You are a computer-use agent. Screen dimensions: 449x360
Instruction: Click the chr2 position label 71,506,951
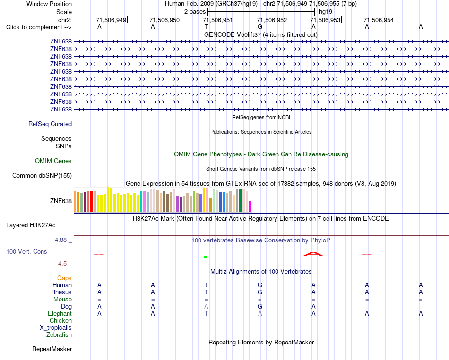[217, 20]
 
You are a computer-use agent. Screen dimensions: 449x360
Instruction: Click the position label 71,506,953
[325, 20]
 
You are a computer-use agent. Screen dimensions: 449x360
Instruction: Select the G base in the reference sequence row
[260, 26]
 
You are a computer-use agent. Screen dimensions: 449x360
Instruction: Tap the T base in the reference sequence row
[207, 26]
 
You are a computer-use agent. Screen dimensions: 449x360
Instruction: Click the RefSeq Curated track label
[50, 124]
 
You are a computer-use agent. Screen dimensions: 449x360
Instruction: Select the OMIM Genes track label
[53, 161]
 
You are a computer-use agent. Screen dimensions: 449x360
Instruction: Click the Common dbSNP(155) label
[42, 175]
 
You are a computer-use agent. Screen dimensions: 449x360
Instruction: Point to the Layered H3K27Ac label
[31, 225]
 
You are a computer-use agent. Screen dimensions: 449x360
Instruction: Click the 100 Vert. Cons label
[26, 251]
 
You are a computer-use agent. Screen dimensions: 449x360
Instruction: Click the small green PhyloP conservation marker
[205, 257]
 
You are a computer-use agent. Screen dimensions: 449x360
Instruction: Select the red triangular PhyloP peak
[313, 254]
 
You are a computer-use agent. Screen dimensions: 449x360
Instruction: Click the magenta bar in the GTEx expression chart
[250, 206]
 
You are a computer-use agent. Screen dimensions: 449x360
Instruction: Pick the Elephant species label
[60, 313]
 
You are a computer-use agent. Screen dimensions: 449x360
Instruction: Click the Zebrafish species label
[59, 334]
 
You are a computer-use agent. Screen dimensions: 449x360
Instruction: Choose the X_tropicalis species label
[56, 328]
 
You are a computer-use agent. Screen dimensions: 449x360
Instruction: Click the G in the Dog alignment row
[260, 306]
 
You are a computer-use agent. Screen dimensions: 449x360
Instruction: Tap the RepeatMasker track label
[52, 349]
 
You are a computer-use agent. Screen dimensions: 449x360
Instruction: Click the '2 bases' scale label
[195, 12]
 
